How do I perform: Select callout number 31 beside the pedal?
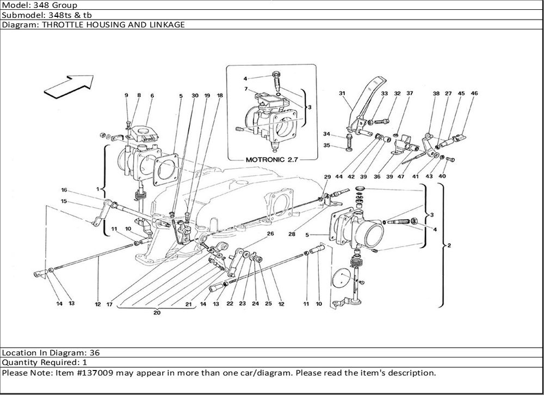click(x=343, y=94)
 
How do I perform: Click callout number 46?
click(x=474, y=94)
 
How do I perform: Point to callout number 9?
click(x=126, y=96)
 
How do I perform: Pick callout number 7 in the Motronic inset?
click(x=246, y=89)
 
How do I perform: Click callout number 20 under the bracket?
click(x=157, y=313)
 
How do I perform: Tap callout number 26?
click(x=270, y=234)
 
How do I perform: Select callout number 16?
click(x=64, y=190)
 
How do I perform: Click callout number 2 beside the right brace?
click(x=449, y=246)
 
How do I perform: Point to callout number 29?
click(x=327, y=177)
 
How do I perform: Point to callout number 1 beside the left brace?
click(x=98, y=189)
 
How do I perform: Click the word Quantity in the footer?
click(x=20, y=362)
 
